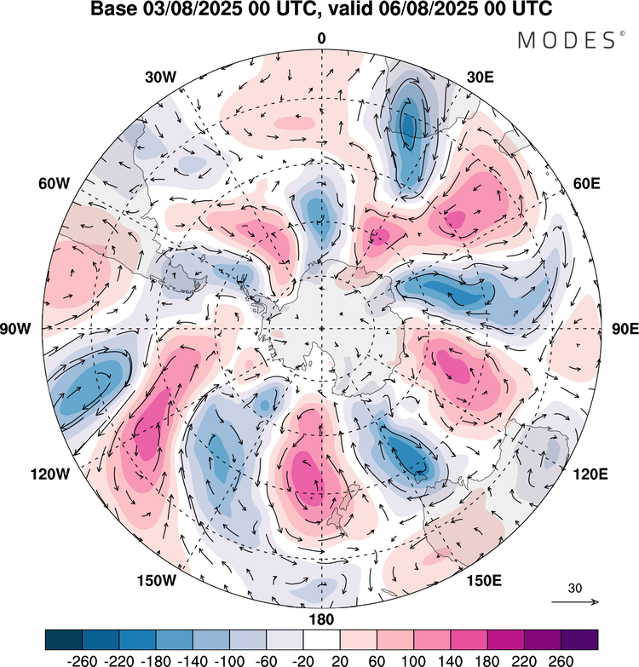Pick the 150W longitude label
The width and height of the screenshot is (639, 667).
point(157,581)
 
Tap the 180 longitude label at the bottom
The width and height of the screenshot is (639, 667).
point(322,618)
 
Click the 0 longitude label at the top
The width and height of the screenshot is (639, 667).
point(321,38)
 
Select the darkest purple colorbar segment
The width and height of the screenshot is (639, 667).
point(579,639)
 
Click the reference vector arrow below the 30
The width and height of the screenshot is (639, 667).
point(575,602)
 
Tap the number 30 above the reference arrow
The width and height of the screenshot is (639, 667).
point(575,588)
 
